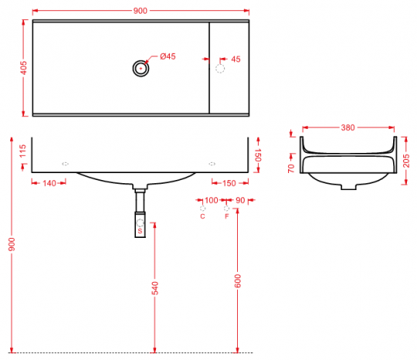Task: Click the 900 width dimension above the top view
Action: click(140, 11)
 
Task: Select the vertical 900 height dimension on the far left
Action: click(12, 245)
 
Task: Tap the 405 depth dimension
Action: click(24, 68)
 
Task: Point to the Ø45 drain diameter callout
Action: click(168, 56)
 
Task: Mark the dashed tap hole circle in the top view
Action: click(220, 69)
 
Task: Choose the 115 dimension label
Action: click(23, 151)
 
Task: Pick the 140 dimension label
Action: click(49, 183)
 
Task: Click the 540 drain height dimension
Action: click(154, 288)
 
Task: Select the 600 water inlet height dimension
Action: click(238, 281)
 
